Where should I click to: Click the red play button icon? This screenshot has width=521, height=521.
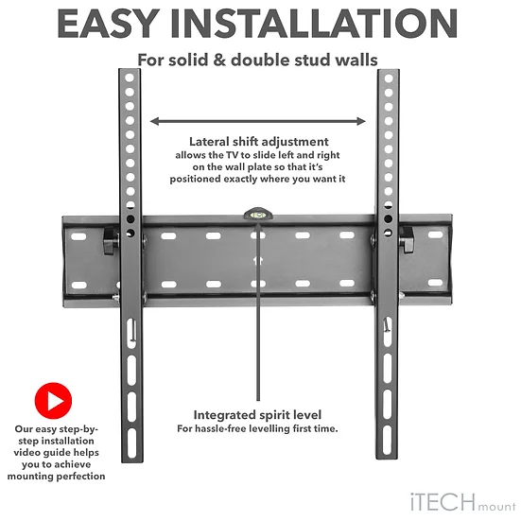(x=53, y=401)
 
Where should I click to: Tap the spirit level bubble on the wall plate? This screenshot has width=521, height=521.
(x=258, y=215)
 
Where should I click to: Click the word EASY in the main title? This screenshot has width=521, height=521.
(x=109, y=24)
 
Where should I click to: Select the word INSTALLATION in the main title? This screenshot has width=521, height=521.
(x=314, y=24)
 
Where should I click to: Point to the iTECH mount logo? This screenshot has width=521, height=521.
(x=463, y=502)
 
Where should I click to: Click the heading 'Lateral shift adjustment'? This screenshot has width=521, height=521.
(x=259, y=142)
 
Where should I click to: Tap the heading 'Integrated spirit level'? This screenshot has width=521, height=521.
(x=257, y=415)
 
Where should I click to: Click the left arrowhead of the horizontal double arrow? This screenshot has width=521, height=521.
(x=155, y=121)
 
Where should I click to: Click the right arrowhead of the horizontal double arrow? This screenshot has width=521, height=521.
(x=361, y=121)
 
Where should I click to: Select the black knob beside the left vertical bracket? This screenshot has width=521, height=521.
(x=111, y=240)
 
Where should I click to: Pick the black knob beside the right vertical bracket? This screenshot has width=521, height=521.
(x=406, y=239)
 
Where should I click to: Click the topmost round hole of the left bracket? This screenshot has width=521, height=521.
(x=130, y=78)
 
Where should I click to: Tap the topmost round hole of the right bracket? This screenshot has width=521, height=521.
(x=389, y=78)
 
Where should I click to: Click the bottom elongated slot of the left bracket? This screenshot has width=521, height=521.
(x=132, y=441)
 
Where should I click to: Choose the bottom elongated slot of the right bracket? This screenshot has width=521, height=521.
(x=387, y=440)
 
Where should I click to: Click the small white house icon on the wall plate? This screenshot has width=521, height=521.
(x=258, y=261)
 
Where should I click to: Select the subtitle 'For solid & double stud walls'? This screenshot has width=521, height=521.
(x=258, y=61)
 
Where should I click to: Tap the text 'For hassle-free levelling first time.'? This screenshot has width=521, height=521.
(x=257, y=428)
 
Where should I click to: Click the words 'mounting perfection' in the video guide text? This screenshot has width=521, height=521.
(x=56, y=477)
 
